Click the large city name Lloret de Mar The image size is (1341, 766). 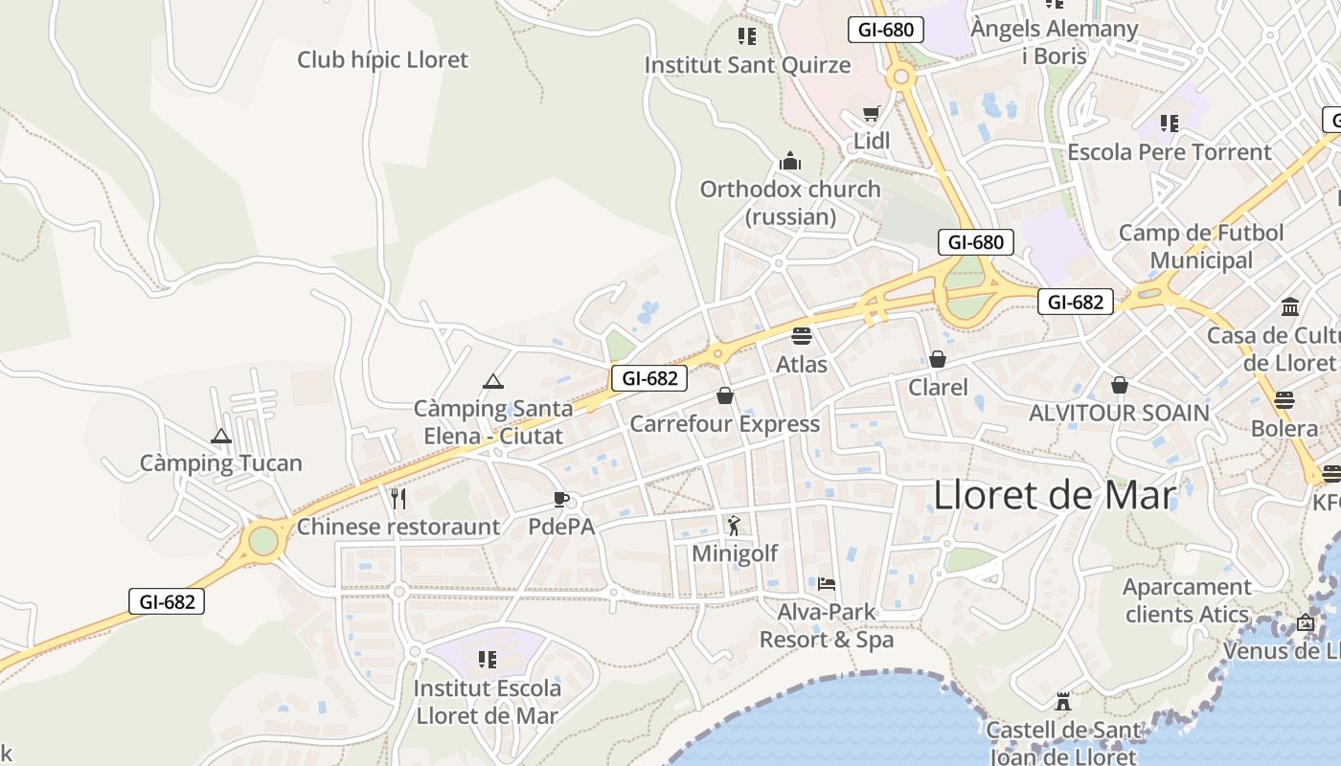pyautogui.click(x=1054, y=495)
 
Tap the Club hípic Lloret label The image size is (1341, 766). pyautogui.click(x=382, y=59)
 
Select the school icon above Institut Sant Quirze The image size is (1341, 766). pyautogui.click(x=747, y=36)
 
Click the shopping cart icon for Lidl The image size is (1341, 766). pyautogui.click(x=871, y=114)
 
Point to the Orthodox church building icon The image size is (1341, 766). pyautogui.click(x=790, y=160)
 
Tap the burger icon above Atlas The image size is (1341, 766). pyautogui.click(x=802, y=336)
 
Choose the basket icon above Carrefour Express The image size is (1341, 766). pyautogui.click(x=725, y=395)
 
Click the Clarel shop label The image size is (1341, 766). pyautogui.click(x=938, y=388)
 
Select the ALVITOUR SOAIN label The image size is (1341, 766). pyautogui.click(x=1119, y=413)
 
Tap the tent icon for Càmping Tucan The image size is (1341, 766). pyautogui.click(x=221, y=436)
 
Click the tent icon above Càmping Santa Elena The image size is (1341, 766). pyautogui.click(x=493, y=381)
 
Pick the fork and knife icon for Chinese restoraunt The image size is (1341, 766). pyautogui.click(x=398, y=498)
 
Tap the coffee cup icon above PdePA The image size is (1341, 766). pyautogui.click(x=561, y=499)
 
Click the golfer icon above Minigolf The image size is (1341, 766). pyautogui.click(x=734, y=525)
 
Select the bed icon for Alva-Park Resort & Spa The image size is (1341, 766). pyautogui.click(x=827, y=583)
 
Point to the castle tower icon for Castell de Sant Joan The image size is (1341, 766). pyautogui.click(x=1062, y=701)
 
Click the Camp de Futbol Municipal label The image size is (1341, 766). pyautogui.click(x=1201, y=246)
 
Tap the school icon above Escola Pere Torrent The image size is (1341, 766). pyautogui.click(x=1169, y=124)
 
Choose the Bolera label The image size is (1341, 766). pyautogui.click(x=1284, y=428)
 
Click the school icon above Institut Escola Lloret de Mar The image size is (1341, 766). pyautogui.click(x=488, y=660)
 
